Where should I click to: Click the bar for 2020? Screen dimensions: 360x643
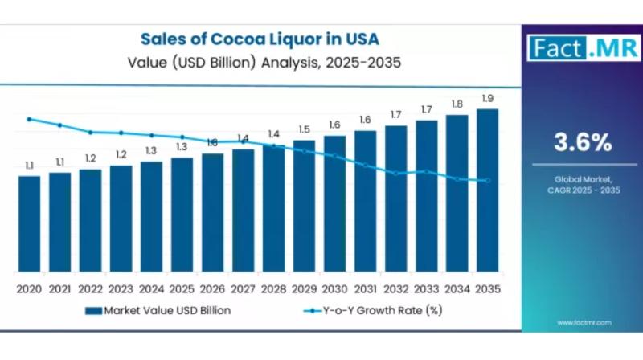coord(29,223)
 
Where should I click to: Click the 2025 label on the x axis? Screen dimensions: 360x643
coord(182,288)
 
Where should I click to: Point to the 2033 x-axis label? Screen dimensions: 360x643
coord(426,288)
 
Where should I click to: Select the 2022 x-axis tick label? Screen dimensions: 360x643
coord(90,288)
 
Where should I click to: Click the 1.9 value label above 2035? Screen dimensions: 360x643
coord(487,99)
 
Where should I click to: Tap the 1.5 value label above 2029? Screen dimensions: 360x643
coord(304,129)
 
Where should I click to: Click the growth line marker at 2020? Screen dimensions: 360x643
coord(29,119)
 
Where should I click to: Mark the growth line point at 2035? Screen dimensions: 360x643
coord(487,180)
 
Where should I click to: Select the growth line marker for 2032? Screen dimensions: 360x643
coord(395,173)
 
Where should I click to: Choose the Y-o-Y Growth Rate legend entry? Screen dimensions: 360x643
coord(378,309)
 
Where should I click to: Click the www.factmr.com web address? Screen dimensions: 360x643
coord(584,322)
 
